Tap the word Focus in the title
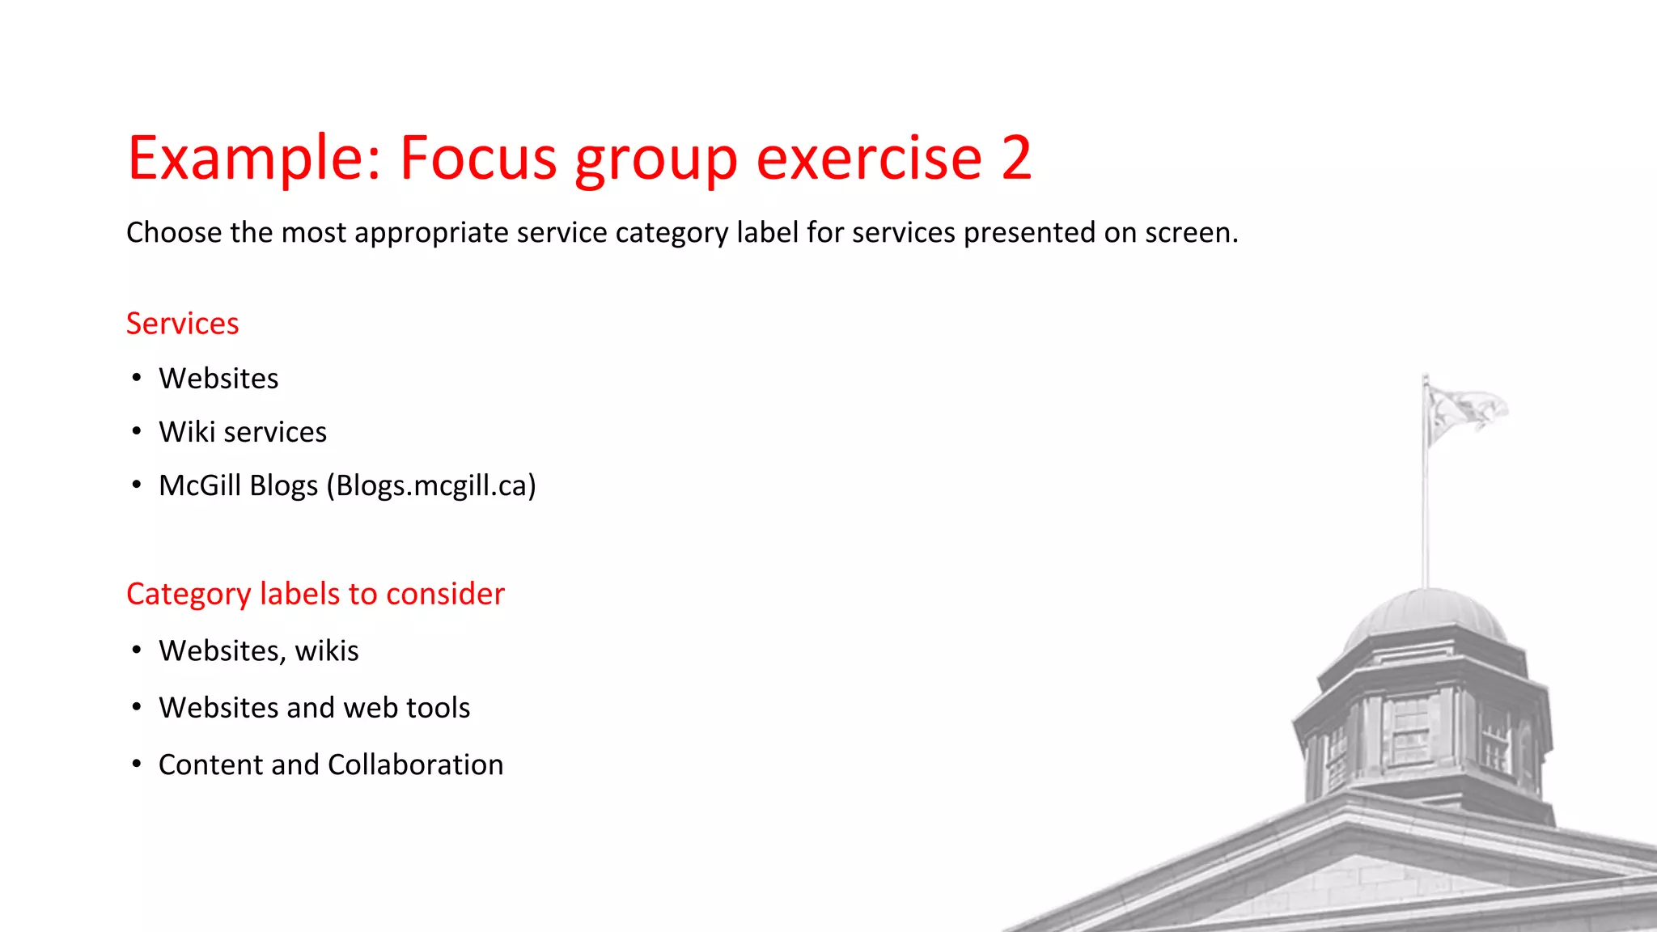[478, 158]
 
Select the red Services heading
[183, 324]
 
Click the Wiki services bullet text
[243, 432]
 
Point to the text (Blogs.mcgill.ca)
[431, 485]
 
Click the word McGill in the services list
[200, 485]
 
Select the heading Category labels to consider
[316, 594]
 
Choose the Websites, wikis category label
[259, 650]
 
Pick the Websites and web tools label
[315, 708]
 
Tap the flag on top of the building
[1464, 411]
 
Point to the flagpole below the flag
[1426, 518]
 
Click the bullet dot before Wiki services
[137, 431]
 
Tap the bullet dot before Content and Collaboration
[137, 764]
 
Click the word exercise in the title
[869, 158]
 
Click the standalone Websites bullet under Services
[218, 379]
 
